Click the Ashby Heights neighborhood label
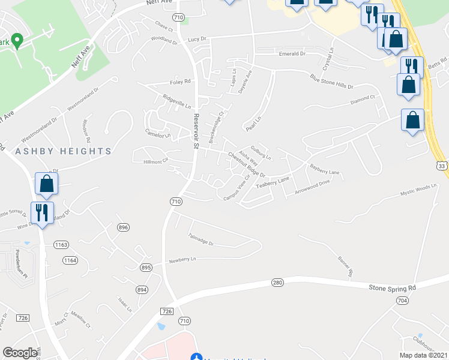(64, 151)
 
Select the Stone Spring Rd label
(392, 288)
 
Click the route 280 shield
(277, 282)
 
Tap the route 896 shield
(124, 227)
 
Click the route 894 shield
(142, 289)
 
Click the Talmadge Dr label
(200, 239)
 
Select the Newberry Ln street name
(182, 260)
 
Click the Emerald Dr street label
(292, 54)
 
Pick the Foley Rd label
(180, 82)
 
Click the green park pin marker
(17, 41)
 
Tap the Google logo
(20, 353)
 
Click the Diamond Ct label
(363, 98)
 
